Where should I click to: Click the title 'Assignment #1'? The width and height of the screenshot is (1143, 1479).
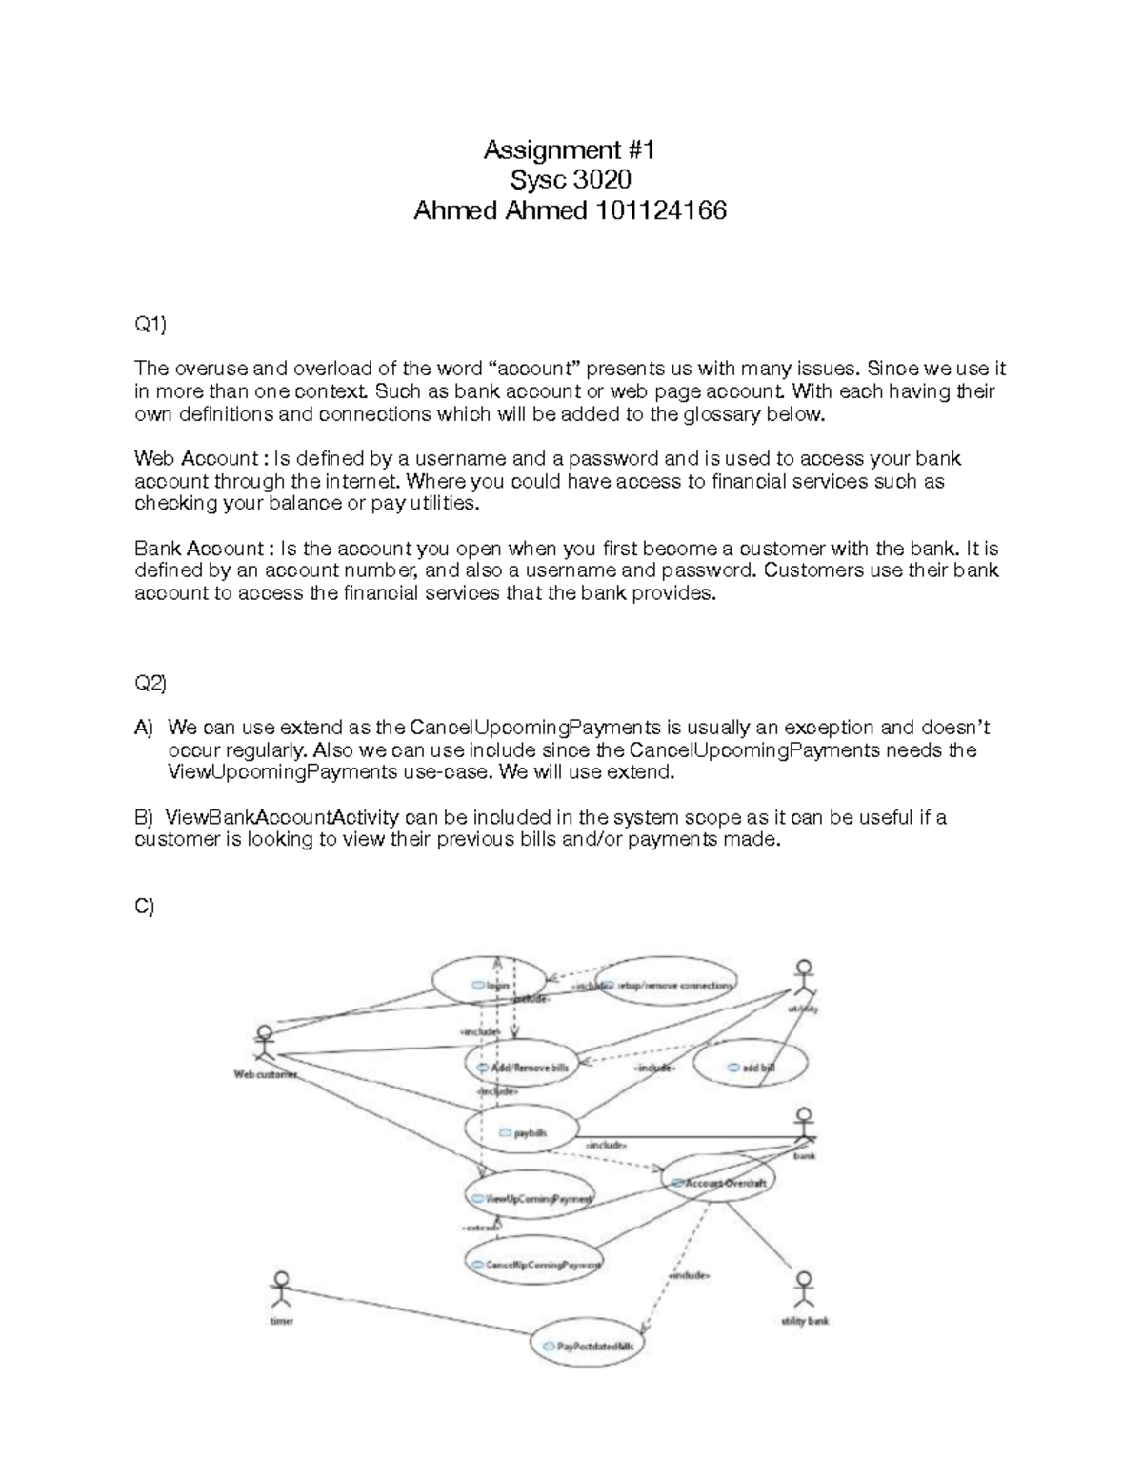(570, 150)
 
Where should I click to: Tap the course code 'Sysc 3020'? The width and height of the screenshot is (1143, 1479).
(570, 180)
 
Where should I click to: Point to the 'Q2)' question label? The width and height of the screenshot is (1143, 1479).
(150, 683)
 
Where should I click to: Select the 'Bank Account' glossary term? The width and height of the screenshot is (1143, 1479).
(199, 549)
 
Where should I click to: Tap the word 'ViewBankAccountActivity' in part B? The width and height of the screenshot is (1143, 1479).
(283, 817)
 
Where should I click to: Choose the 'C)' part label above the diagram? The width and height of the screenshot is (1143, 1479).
(145, 907)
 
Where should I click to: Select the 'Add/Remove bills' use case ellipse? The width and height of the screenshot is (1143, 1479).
(521, 1066)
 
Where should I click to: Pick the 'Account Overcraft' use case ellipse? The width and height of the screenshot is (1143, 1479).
(718, 1181)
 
